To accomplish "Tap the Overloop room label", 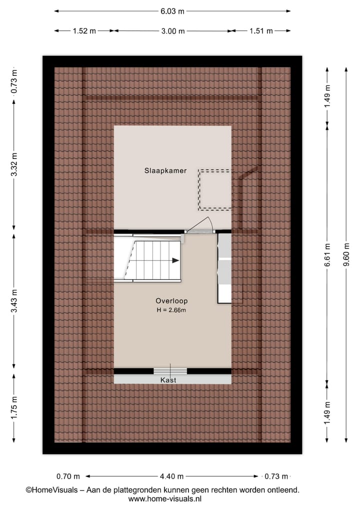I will pos(171,301).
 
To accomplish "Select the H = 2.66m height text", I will pos(171,311).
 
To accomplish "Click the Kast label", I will pos(168,380).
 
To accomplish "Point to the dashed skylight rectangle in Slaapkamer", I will pos(215,189).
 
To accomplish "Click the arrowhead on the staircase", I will pos(175,260).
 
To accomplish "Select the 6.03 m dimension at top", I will pos(172,11).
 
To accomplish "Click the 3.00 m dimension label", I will pos(172,31).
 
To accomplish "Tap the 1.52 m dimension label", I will pos(84,31).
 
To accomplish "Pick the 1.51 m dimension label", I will pos(260,31).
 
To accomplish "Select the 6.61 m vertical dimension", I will pos(327,255).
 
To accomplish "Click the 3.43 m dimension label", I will pos(14,301).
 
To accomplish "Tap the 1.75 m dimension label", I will pos(14,407).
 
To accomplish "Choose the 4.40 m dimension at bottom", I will pos(172,477).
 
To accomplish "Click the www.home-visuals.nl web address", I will pos(165,499).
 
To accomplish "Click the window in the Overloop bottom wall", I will pos(170,371).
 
